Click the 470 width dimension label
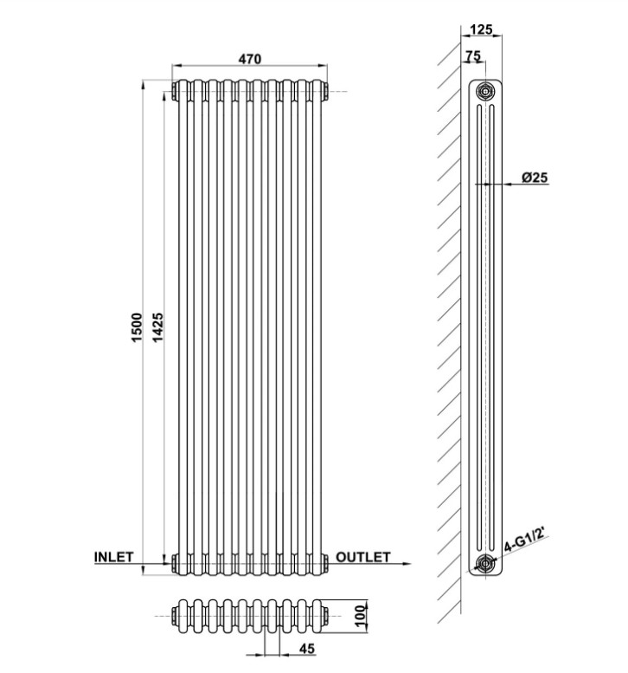[x=249, y=58]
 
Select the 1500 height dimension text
[x=137, y=327]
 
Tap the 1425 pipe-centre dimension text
[x=157, y=327]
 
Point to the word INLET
[x=113, y=557]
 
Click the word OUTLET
[x=363, y=557]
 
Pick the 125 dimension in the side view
[x=481, y=29]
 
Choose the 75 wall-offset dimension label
[x=473, y=55]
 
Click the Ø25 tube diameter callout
[x=535, y=177]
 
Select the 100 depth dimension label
[x=362, y=616]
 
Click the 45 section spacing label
[x=306, y=649]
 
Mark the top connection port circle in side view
[x=485, y=91]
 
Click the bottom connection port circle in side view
[x=485, y=563]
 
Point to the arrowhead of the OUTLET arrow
[x=407, y=564]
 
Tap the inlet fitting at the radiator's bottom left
[x=175, y=563]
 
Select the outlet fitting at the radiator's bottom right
[x=325, y=563]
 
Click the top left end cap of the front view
[x=175, y=92]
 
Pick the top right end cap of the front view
[x=325, y=92]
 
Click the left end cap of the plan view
[x=175, y=616]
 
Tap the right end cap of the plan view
[x=325, y=616]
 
